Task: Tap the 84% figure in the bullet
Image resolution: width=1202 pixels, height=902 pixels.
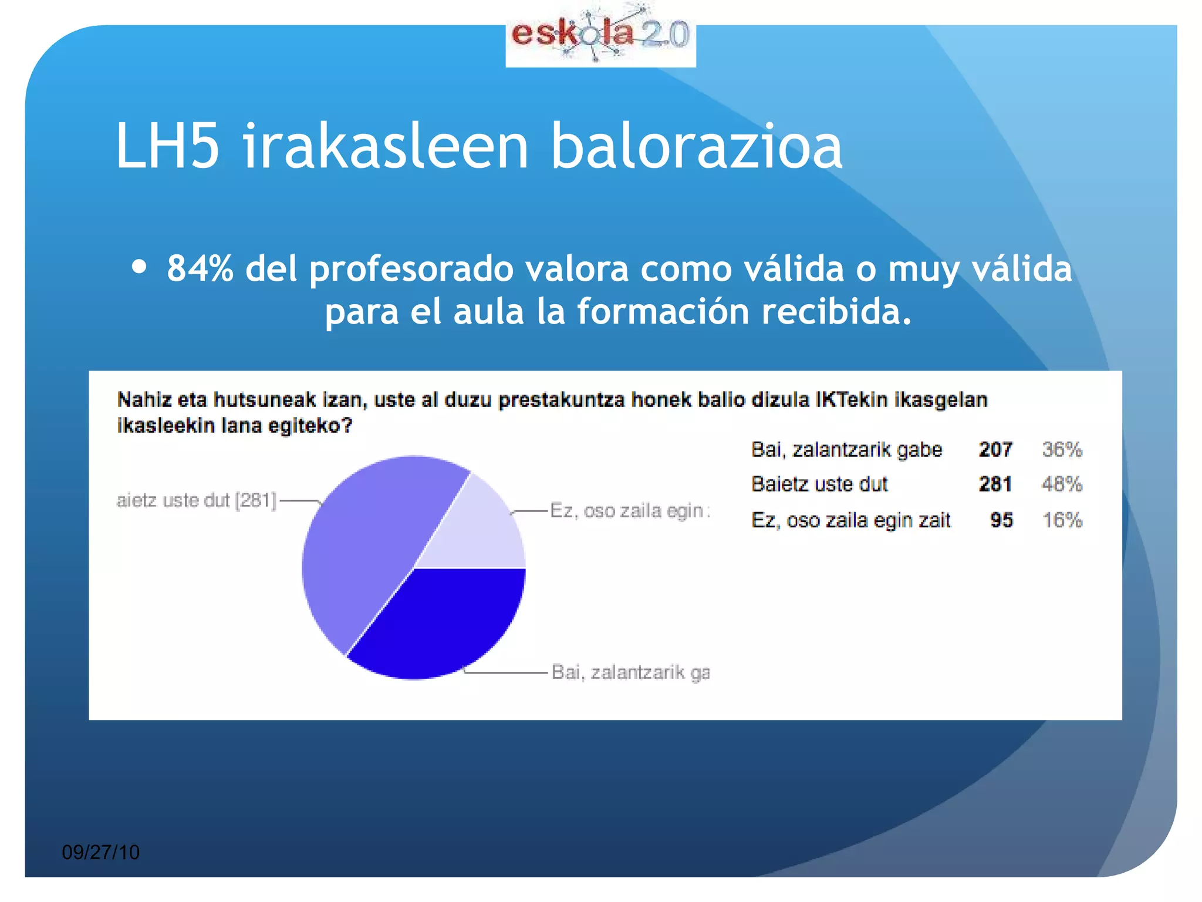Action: pyautogui.click(x=200, y=268)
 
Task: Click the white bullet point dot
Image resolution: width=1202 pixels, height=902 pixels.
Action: pyautogui.click(x=139, y=267)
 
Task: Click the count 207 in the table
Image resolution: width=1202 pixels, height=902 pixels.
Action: pyautogui.click(x=995, y=450)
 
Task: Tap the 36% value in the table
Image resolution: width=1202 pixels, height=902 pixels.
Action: pyautogui.click(x=1062, y=450)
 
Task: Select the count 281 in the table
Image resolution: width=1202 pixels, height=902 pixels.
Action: pyautogui.click(x=995, y=484)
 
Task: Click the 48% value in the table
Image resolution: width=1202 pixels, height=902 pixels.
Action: pyautogui.click(x=1062, y=484)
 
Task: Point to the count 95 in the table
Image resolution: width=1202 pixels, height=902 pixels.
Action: pyautogui.click(x=1001, y=520)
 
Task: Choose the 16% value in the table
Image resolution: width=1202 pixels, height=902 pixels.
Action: pyautogui.click(x=1062, y=520)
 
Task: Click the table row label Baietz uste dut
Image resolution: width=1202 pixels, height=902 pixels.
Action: pyautogui.click(x=820, y=484)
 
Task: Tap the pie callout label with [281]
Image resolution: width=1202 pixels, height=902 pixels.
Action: pyautogui.click(x=197, y=500)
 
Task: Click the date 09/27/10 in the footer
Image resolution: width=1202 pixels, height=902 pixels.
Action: pyautogui.click(x=101, y=852)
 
